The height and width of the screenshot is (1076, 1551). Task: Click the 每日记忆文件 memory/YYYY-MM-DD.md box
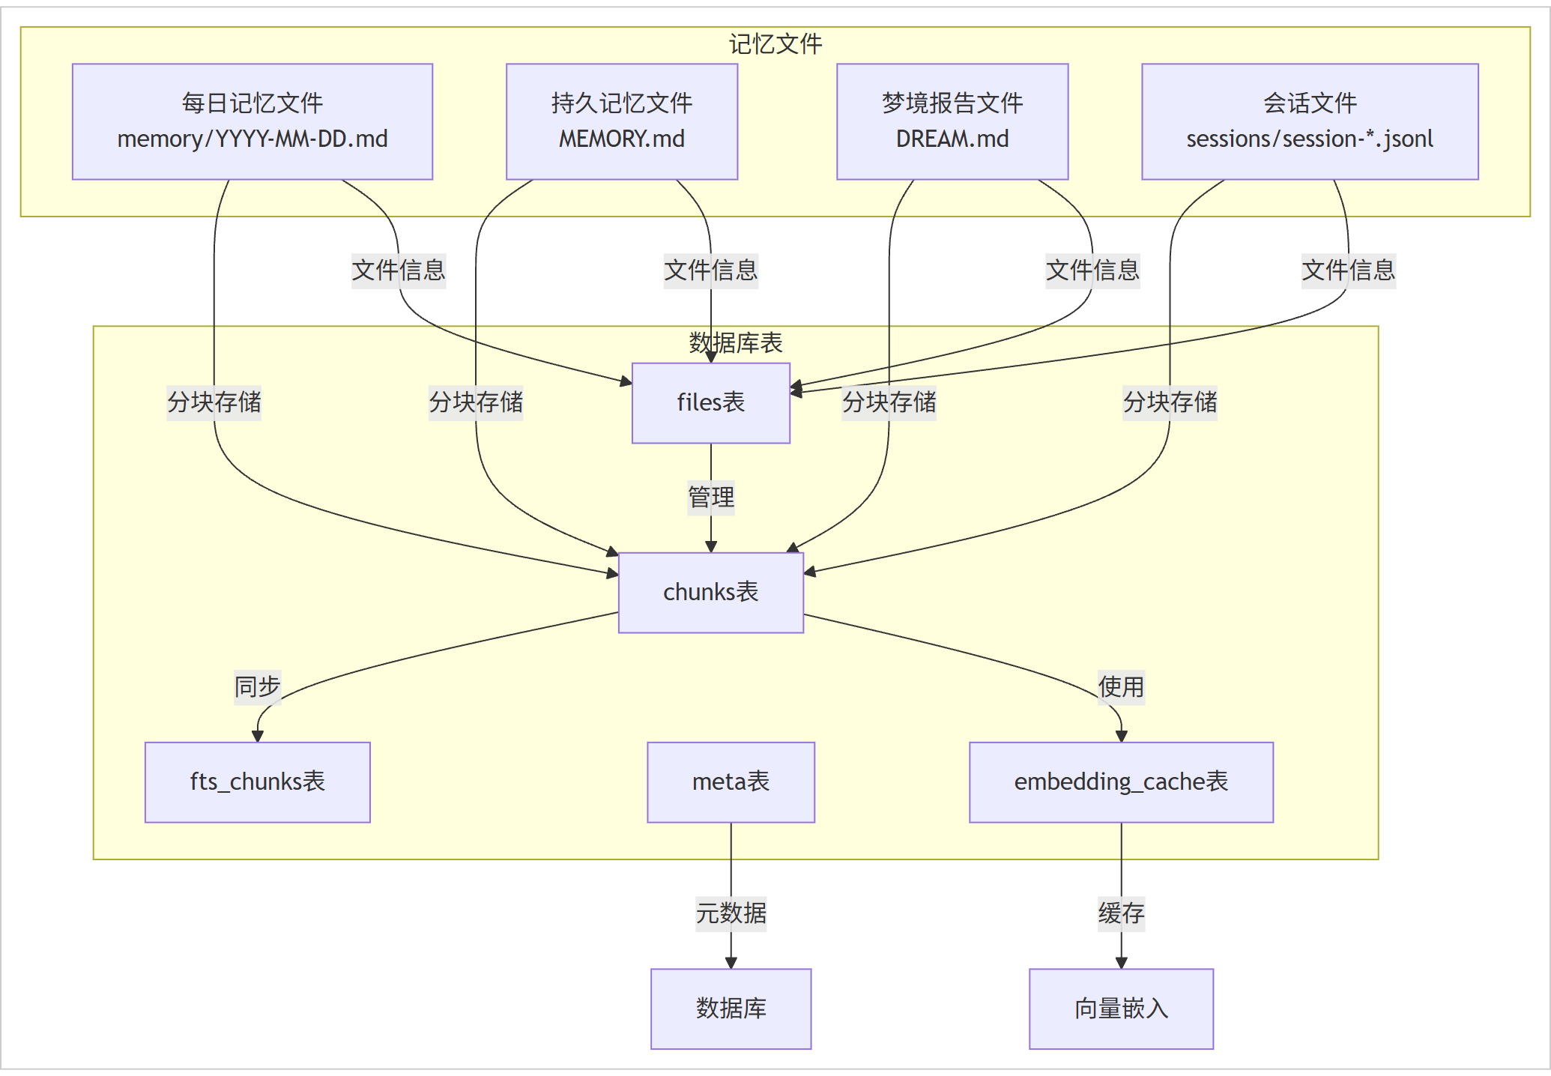253,121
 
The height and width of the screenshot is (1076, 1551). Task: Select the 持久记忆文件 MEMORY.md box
622,121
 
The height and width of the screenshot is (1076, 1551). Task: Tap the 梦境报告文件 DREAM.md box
952,121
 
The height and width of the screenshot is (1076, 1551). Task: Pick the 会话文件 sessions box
1310,121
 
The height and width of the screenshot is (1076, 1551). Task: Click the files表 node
711,403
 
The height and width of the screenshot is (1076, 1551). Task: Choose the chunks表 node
711,593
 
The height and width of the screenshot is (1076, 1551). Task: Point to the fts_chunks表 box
258,782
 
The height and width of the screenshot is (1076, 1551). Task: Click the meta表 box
731,782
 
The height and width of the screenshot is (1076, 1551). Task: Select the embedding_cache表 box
1122,782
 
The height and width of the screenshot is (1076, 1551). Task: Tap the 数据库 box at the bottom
731,1009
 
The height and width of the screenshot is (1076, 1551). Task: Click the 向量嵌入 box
1122,1009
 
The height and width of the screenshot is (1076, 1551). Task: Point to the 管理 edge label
711,498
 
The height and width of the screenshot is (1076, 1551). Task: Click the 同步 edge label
258,687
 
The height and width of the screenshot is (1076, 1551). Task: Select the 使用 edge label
1122,687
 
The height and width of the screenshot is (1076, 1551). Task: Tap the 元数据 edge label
731,913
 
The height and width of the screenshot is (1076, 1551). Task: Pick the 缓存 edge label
1122,913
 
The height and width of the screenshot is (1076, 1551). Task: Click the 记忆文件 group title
775,44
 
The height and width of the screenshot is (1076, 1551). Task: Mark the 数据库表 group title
736,343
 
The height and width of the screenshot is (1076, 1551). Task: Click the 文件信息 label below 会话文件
1349,270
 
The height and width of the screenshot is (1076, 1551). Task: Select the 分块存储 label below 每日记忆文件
214,402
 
